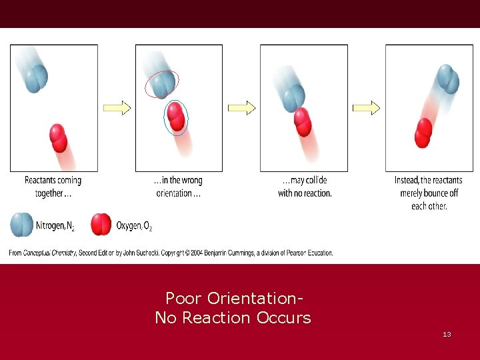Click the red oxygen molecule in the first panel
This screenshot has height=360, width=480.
[x=59, y=138]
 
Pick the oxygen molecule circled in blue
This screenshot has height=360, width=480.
[x=176, y=118]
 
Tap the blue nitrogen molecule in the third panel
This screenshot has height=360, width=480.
[x=293, y=99]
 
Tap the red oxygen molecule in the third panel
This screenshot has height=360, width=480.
[x=303, y=122]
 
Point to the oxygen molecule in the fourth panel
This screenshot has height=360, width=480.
[x=423, y=132]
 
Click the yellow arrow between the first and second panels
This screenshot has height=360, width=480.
[x=117, y=107]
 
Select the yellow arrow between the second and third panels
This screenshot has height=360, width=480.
[x=241, y=107]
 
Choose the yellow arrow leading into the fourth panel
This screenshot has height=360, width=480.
[x=366, y=107]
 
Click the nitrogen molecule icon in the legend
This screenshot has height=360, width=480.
[x=21, y=224]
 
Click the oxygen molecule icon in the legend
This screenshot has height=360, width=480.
[x=101, y=225]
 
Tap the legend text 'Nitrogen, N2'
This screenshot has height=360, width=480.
[x=55, y=227]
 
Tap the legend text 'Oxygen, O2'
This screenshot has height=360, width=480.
[x=134, y=227]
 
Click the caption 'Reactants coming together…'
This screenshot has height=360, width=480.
[x=53, y=187]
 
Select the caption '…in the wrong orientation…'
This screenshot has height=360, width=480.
[x=178, y=187]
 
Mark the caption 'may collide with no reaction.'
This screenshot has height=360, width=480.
[x=305, y=187]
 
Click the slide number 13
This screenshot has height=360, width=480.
[x=447, y=334]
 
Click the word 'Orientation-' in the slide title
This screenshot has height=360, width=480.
[x=257, y=297]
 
